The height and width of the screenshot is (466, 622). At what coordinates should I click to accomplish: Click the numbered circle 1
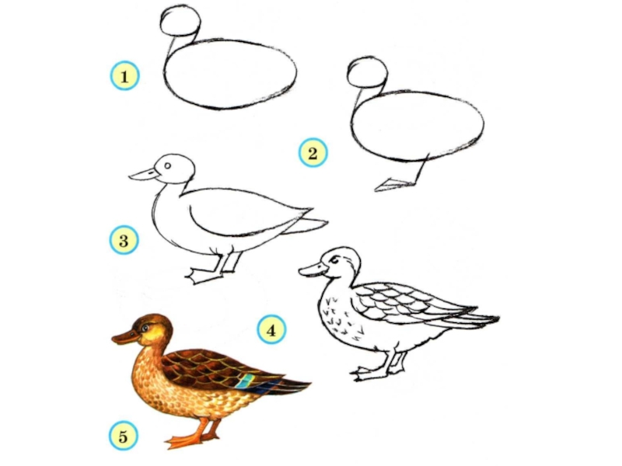point(124,75)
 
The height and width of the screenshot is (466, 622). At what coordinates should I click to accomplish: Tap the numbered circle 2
point(313,152)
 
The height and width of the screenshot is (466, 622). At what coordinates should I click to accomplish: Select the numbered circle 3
point(124,240)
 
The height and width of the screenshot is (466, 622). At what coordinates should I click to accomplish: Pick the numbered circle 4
point(271,329)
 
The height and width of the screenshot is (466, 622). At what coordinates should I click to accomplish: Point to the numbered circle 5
point(124,436)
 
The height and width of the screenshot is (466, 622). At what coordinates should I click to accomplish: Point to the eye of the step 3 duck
point(167,165)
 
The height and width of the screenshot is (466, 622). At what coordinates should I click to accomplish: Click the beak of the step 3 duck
point(144,174)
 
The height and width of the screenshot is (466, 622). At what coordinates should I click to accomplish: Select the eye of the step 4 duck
point(336,260)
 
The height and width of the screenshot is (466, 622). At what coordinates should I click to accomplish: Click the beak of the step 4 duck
point(314,270)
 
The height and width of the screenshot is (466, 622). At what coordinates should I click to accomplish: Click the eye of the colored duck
point(145,328)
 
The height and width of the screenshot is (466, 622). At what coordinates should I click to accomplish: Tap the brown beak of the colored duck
point(125,337)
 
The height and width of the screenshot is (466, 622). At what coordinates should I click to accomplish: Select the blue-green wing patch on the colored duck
point(246,381)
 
